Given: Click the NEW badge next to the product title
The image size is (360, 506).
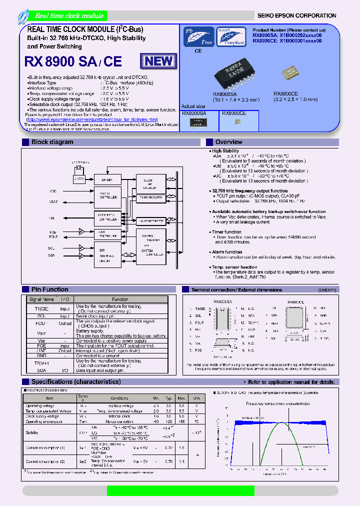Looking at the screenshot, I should click(159, 61).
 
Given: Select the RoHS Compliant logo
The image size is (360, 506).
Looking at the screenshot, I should click(230, 36).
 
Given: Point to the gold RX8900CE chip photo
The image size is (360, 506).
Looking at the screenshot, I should click(291, 73).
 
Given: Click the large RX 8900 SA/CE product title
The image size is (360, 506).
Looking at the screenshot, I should click(73, 61).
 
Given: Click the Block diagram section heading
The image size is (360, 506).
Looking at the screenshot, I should click(52, 142).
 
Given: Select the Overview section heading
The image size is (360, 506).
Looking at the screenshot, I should click(228, 142).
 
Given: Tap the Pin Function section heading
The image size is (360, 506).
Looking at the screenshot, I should click(49, 289).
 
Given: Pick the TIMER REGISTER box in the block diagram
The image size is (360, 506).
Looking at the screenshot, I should click(151, 198).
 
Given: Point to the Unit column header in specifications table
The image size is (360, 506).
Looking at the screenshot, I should click(196, 398).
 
